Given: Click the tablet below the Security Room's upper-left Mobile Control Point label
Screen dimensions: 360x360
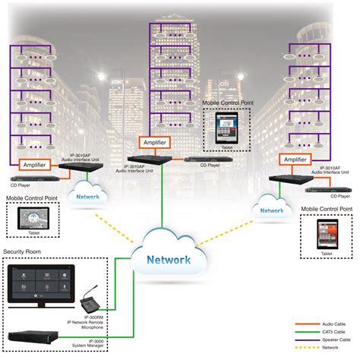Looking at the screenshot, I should pyautogui.click(x=28, y=218).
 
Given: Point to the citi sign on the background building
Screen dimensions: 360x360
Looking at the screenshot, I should pyautogui.click(x=226, y=78).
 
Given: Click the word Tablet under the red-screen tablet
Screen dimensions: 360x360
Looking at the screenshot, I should pyautogui.click(x=327, y=254).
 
